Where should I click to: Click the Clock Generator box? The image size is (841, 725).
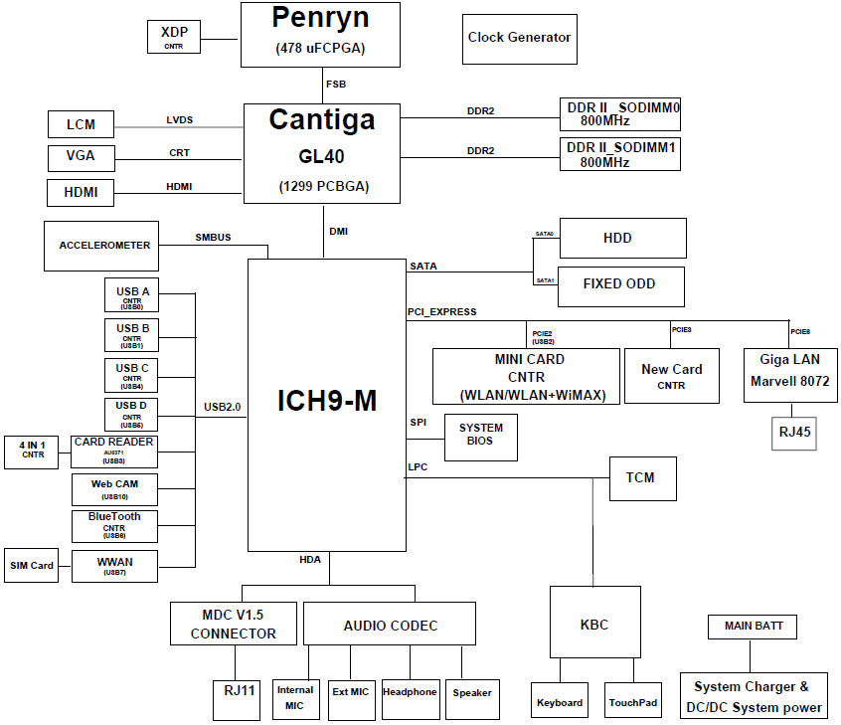[x=519, y=39]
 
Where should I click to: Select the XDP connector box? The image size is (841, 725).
[x=174, y=37]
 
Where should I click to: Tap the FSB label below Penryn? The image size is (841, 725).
[x=336, y=85]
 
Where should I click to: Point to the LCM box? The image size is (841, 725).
[x=81, y=124]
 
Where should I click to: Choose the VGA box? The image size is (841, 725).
[x=81, y=157]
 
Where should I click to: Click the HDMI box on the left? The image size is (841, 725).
[x=81, y=192]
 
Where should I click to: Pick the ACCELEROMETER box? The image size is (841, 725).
[x=104, y=246]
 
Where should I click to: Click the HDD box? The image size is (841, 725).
[x=622, y=239]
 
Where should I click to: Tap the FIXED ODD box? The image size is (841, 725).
[x=620, y=284]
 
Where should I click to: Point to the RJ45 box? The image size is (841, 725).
[x=793, y=433]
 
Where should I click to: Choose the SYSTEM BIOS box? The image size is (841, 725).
[x=480, y=436]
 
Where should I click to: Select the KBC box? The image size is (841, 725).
[x=593, y=624]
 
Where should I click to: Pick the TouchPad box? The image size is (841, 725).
[x=633, y=701]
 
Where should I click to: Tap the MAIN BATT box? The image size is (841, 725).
[x=753, y=627]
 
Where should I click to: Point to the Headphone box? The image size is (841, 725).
[x=410, y=692]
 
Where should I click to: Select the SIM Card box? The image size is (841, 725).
[x=32, y=565]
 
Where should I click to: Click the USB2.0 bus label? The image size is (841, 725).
[x=223, y=407]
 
